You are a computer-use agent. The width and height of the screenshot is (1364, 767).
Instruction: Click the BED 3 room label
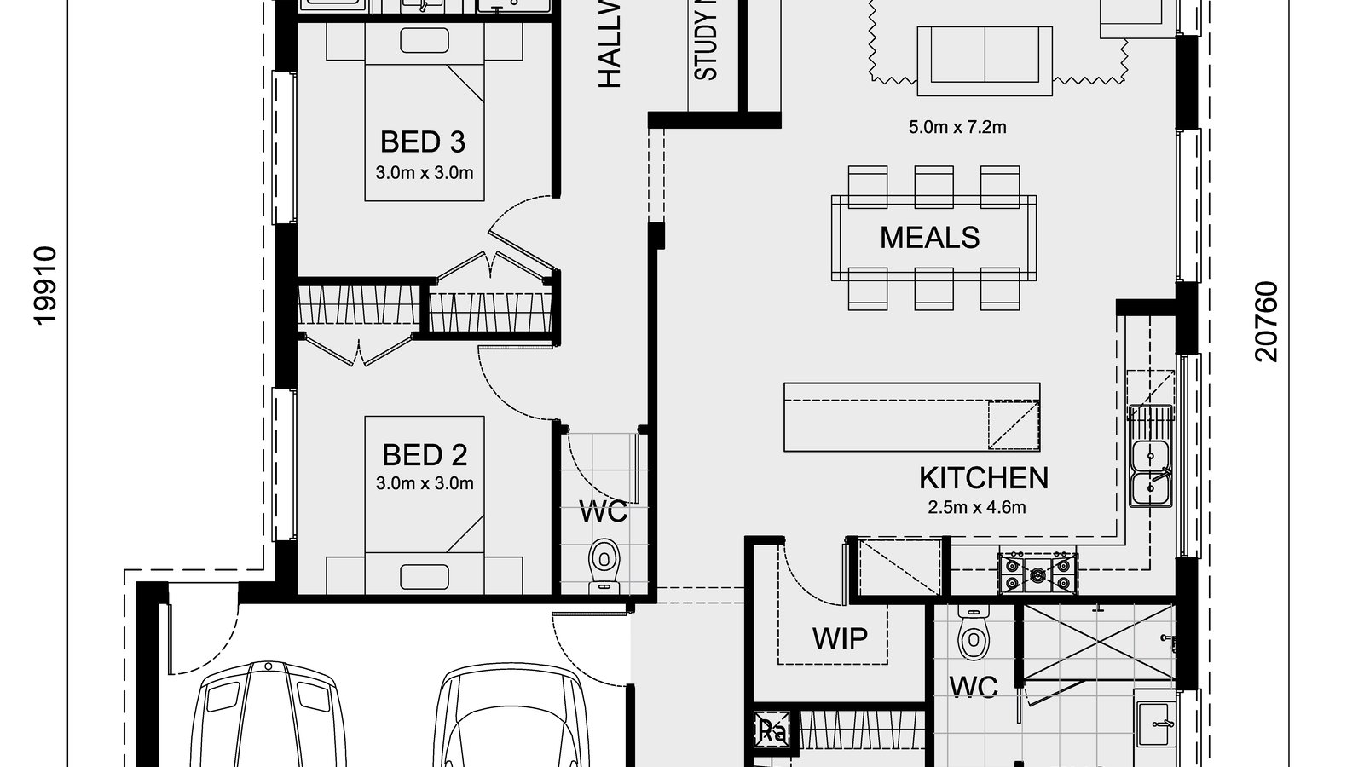[x=423, y=141]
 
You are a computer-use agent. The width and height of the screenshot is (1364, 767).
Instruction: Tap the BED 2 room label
[x=424, y=455]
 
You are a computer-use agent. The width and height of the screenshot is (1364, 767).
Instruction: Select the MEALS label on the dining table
[x=929, y=238]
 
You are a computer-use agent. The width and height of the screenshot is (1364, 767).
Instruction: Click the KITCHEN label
[x=983, y=478]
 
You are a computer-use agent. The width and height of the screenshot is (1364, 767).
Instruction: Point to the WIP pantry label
[x=840, y=638]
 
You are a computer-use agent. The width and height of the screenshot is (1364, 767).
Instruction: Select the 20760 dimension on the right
[x=1267, y=321]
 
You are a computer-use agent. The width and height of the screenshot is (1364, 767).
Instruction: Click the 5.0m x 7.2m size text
[x=957, y=128]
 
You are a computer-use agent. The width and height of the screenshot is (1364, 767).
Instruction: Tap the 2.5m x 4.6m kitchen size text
[x=976, y=508]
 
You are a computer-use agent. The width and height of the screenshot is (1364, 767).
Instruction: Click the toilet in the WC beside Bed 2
[x=604, y=563]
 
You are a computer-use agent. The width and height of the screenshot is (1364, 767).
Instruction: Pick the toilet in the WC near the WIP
[x=971, y=632]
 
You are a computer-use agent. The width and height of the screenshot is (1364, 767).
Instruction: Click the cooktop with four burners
[x=1037, y=573]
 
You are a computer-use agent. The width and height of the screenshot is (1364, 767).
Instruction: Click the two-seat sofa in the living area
[x=985, y=54]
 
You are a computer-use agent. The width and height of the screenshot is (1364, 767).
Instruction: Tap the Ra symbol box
[x=772, y=730]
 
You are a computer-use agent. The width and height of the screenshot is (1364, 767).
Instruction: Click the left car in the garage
[x=267, y=716]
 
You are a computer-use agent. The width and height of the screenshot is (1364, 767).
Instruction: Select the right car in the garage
[x=509, y=716]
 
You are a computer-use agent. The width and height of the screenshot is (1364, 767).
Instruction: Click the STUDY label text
[x=706, y=43]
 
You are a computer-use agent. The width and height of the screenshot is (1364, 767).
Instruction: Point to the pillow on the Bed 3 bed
[x=425, y=42]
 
